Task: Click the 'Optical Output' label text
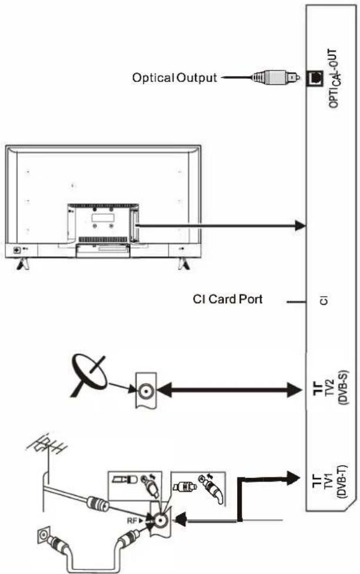pos(175,78)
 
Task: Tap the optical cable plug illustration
pos(275,77)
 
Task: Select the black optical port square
pos(315,78)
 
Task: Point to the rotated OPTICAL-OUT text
pos(335,78)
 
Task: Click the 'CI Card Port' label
pos(228,299)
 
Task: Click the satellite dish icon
pos(89,376)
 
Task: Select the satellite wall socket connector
pos(146,391)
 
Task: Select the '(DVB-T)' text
pos(342,482)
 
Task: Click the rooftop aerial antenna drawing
pos(48,450)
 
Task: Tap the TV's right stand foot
pos(184,264)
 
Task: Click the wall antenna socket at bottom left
pos(43,536)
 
